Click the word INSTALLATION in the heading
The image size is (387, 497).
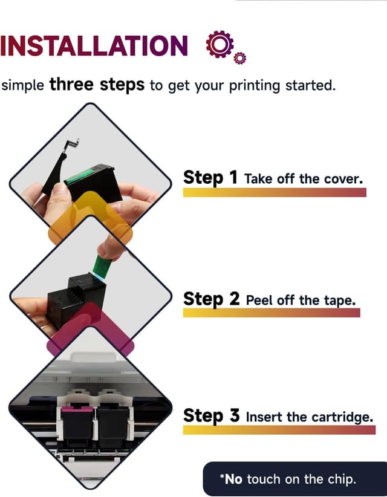(x=94, y=45)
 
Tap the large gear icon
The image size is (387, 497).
(x=220, y=44)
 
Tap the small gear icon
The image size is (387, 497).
(x=240, y=58)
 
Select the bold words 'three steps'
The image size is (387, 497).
(x=97, y=85)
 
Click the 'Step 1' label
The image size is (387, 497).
(x=210, y=178)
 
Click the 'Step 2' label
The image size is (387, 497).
(x=212, y=299)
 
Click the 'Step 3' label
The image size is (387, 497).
(x=212, y=415)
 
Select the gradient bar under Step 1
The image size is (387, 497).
(x=275, y=192)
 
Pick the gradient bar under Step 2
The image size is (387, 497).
(x=272, y=313)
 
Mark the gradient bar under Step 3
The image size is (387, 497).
(x=279, y=430)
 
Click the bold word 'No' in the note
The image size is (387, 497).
(x=233, y=479)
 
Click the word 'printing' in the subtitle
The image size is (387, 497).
(x=255, y=86)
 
